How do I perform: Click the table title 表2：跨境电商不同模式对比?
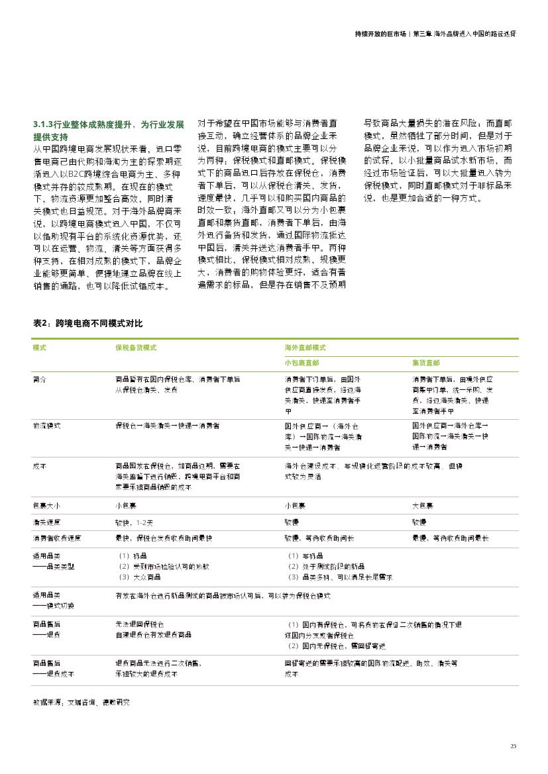(87, 323)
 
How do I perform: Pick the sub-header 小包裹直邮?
(301, 363)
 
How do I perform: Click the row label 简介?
(40, 379)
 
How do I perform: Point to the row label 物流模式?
(47, 425)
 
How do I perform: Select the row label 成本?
(40, 465)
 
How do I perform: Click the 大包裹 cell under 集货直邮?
(423, 506)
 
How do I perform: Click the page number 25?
(513, 746)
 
